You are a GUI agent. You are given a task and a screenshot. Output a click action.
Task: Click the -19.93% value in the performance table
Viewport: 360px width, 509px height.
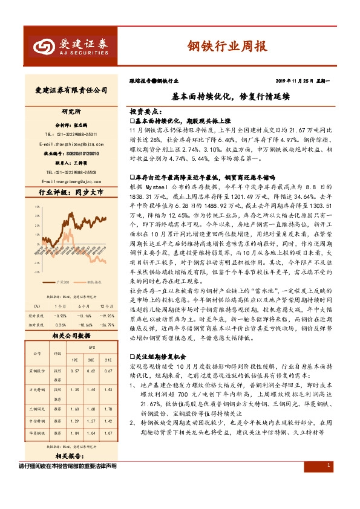point(106,315)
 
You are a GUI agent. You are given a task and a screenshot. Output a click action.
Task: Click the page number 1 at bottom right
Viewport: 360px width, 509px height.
point(327,482)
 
